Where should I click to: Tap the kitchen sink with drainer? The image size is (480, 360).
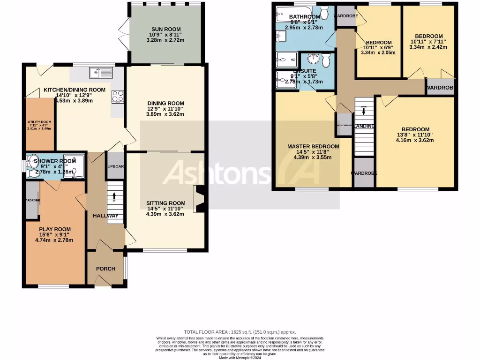click(x=101, y=73)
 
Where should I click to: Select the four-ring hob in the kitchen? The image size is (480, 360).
click(x=117, y=96)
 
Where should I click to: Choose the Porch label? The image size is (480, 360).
click(x=105, y=269)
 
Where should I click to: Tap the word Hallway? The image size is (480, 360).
click(x=105, y=216)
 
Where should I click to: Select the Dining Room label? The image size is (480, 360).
click(x=165, y=103)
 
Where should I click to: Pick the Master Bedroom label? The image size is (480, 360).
click(x=313, y=146)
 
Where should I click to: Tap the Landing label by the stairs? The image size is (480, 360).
click(x=364, y=126)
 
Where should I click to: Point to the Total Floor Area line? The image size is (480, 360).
click(x=240, y=332)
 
